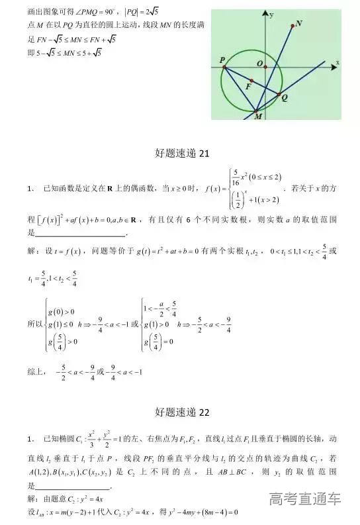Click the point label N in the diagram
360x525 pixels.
coord(300,23)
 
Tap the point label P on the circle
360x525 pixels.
coord(222,60)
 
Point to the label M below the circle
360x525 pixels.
coord(258,117)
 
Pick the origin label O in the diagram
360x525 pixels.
coord(260,64)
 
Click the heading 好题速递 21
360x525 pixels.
coord(180,154)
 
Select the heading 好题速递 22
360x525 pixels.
coord(180,412)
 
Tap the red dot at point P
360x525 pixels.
coord(224,68)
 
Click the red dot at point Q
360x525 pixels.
coord(279,93)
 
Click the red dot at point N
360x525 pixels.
coord(292,26)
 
